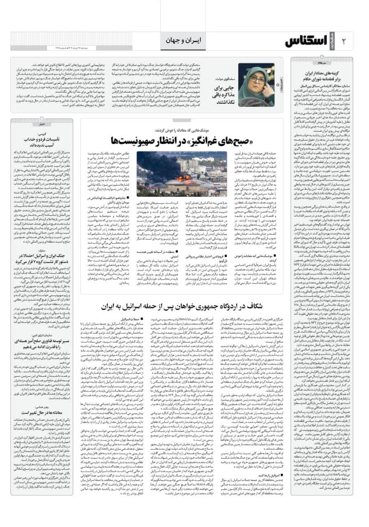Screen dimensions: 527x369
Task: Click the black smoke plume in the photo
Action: [x=165, y=161]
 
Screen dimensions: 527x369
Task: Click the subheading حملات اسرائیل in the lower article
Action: [x=131, y=319]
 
